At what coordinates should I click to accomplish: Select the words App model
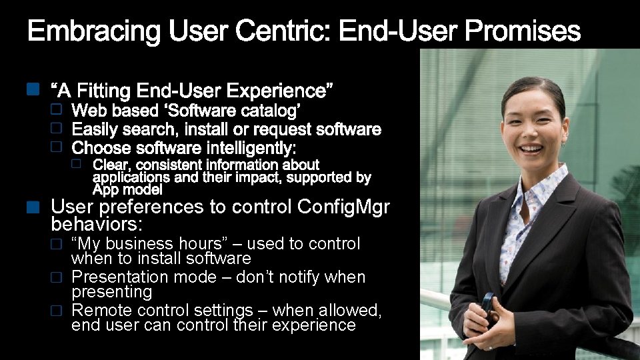click(127, 190)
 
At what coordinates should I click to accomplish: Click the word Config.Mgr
click(343, 207)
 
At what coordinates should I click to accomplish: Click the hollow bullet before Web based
click(57, 107)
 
